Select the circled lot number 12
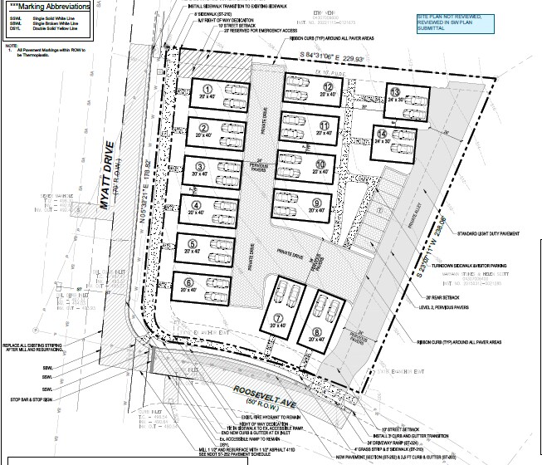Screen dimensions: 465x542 [x=329, y=86]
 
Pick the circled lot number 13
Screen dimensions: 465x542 [x=396, y=92]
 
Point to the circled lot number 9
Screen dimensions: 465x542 [x=316, y=202]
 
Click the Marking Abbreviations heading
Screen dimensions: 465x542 [x=46, y=7]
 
